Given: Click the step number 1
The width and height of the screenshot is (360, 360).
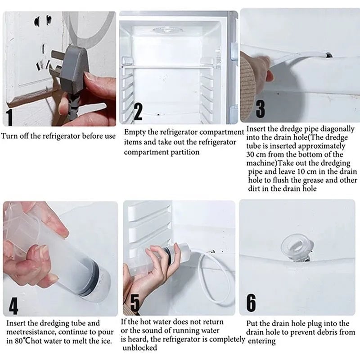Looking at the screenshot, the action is click(x=9, y=117).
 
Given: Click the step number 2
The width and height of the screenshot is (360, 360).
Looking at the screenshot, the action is click(x=138, y=112).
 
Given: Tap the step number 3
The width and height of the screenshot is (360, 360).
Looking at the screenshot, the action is click(x=260, y=109).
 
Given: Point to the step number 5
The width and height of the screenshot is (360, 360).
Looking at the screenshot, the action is click(x=135, y=303).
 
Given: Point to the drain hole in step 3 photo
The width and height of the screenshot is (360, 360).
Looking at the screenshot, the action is click(x=329, y=55).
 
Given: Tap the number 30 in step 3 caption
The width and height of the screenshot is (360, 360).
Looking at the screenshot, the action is click(x=251, y=154).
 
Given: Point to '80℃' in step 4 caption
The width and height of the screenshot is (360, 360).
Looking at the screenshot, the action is click(x=22, y=341).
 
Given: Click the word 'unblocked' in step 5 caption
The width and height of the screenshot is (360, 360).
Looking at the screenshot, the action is click(x=140, y=348).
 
